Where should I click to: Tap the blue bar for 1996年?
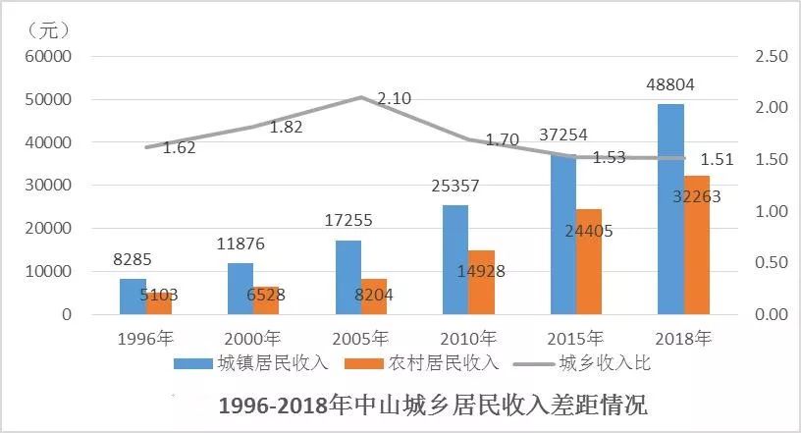coord(133,297)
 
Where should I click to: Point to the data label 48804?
coord(670,85)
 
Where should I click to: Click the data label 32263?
coord(697,196)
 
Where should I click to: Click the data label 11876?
coord(240,244)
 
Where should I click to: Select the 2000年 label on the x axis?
coord(253,339)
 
